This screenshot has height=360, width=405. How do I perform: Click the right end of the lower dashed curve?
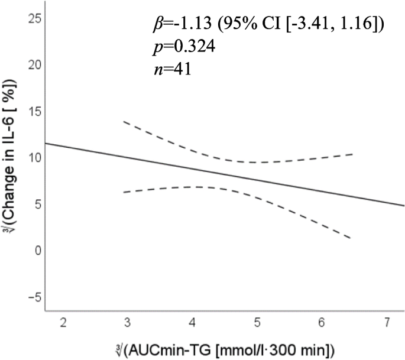coord(352,238)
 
